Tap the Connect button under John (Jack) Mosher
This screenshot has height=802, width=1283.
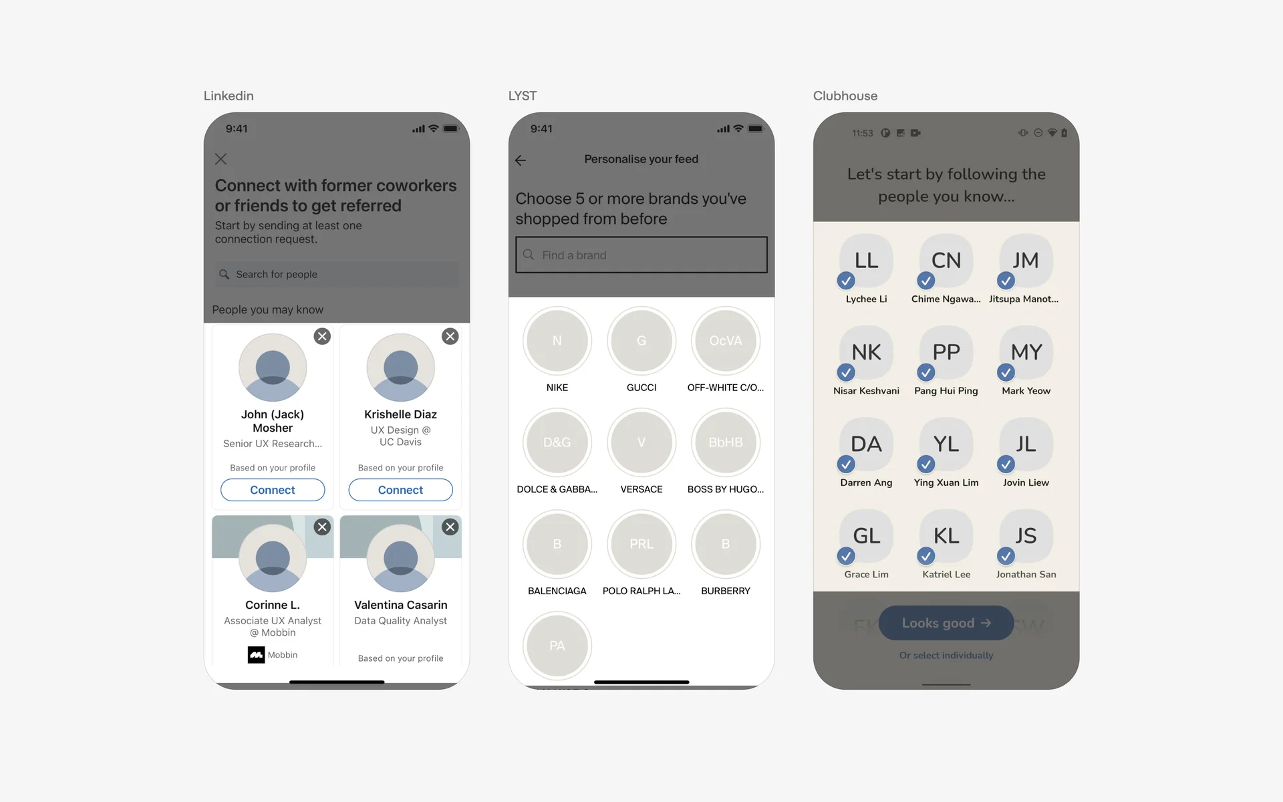(273, 490)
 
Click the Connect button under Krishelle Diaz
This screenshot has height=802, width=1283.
(400, 490)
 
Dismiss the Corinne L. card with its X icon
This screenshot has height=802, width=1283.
(322, 527)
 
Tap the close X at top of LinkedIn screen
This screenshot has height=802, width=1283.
(221, 159)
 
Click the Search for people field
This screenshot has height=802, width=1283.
(337, 274)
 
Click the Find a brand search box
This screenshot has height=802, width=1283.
(641, 255)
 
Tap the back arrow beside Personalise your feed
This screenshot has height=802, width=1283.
(521, 160)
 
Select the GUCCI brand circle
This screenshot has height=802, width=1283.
(641, 341)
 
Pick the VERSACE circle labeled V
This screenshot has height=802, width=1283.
(641, 442)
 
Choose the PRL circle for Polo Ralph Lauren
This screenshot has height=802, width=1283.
(641, 544)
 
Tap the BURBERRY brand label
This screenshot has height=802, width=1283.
(725, 591)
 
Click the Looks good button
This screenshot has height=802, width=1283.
(946, 623)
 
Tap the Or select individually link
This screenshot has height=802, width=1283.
(946, 656)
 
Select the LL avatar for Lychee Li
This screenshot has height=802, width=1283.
(866, 260)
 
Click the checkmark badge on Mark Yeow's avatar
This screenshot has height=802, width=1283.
(1006, 372)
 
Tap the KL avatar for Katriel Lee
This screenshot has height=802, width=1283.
(946, 535)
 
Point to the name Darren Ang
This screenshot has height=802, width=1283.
(866, 483)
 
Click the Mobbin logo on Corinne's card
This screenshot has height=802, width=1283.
(256, 655)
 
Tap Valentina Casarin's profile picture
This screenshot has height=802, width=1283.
(400, 558)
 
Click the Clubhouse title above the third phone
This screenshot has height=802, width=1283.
(845, 96)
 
